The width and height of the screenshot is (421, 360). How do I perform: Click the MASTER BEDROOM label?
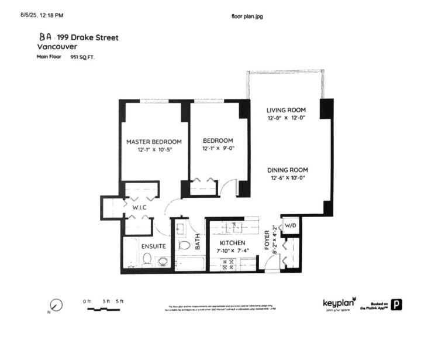point(154,142)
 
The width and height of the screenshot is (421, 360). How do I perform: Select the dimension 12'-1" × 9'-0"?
point(218,149)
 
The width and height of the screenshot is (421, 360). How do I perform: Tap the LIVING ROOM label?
point(287,110)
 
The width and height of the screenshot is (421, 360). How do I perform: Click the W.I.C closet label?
point(139,207)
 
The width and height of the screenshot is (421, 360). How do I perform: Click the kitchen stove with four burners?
point(225,264)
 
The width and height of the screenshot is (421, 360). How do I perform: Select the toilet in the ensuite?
point(147,259)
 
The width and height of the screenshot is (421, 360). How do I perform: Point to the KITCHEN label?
point(232,243)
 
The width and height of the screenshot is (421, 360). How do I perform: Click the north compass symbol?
point(56,305)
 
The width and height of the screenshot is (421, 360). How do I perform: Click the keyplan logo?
point(339,303)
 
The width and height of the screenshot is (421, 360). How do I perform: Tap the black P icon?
point(397,304)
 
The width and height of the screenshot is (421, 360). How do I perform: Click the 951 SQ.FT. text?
point(82,57)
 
